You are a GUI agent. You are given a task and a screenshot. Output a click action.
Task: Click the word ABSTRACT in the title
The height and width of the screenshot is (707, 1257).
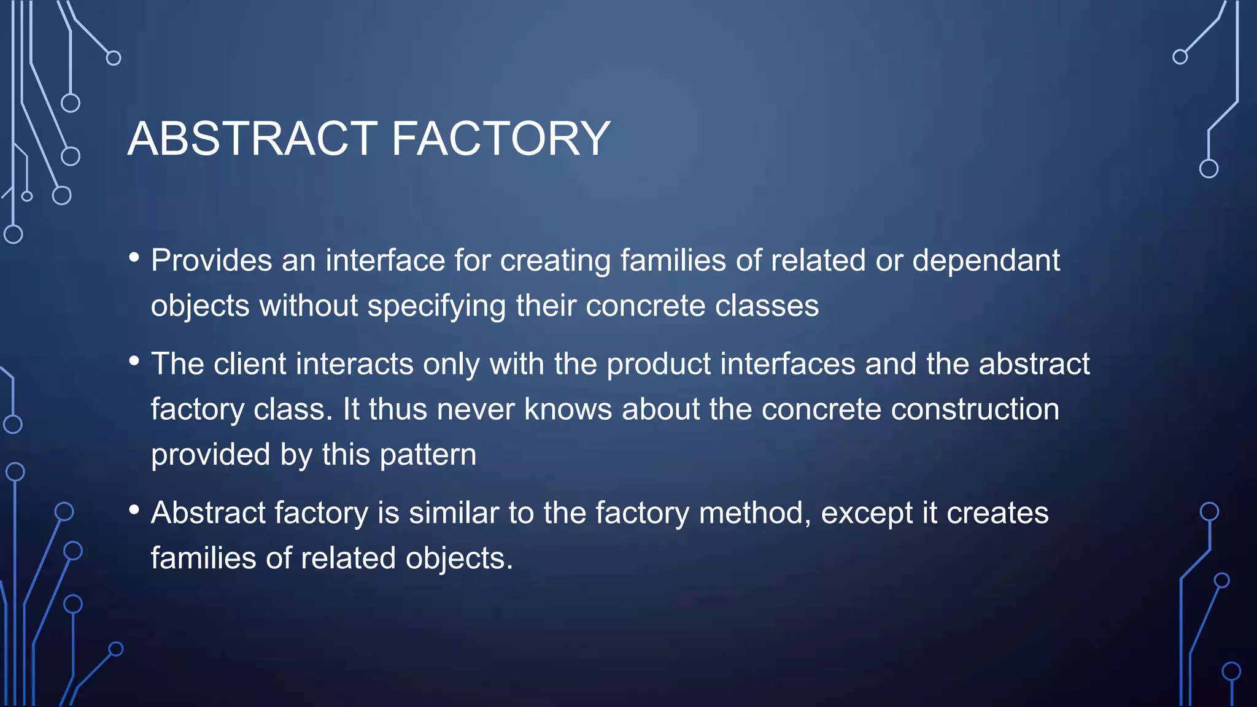point(252,139)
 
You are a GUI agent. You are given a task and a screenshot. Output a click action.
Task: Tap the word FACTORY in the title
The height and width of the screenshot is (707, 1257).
point(501,139)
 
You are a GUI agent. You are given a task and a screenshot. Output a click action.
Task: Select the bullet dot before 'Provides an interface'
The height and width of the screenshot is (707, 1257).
point(134,257)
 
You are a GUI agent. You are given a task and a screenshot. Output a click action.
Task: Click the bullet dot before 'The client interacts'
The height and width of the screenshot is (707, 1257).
point(134,361)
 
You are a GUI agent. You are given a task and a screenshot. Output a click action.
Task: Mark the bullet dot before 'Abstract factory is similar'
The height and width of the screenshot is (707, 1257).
point(134,509)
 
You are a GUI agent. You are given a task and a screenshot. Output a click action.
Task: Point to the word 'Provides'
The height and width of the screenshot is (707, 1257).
point(212,260)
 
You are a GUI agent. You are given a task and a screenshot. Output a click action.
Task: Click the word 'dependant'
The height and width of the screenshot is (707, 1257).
point(986,260)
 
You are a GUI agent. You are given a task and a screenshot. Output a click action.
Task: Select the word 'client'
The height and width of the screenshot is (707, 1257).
point(250,364)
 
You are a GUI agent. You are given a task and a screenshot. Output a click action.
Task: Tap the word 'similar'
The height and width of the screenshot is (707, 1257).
point(454,513)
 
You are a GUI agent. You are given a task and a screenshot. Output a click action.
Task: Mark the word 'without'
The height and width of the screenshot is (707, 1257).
point(308,306)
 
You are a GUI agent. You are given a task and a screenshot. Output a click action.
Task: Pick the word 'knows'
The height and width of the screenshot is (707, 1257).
point(568,409)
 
